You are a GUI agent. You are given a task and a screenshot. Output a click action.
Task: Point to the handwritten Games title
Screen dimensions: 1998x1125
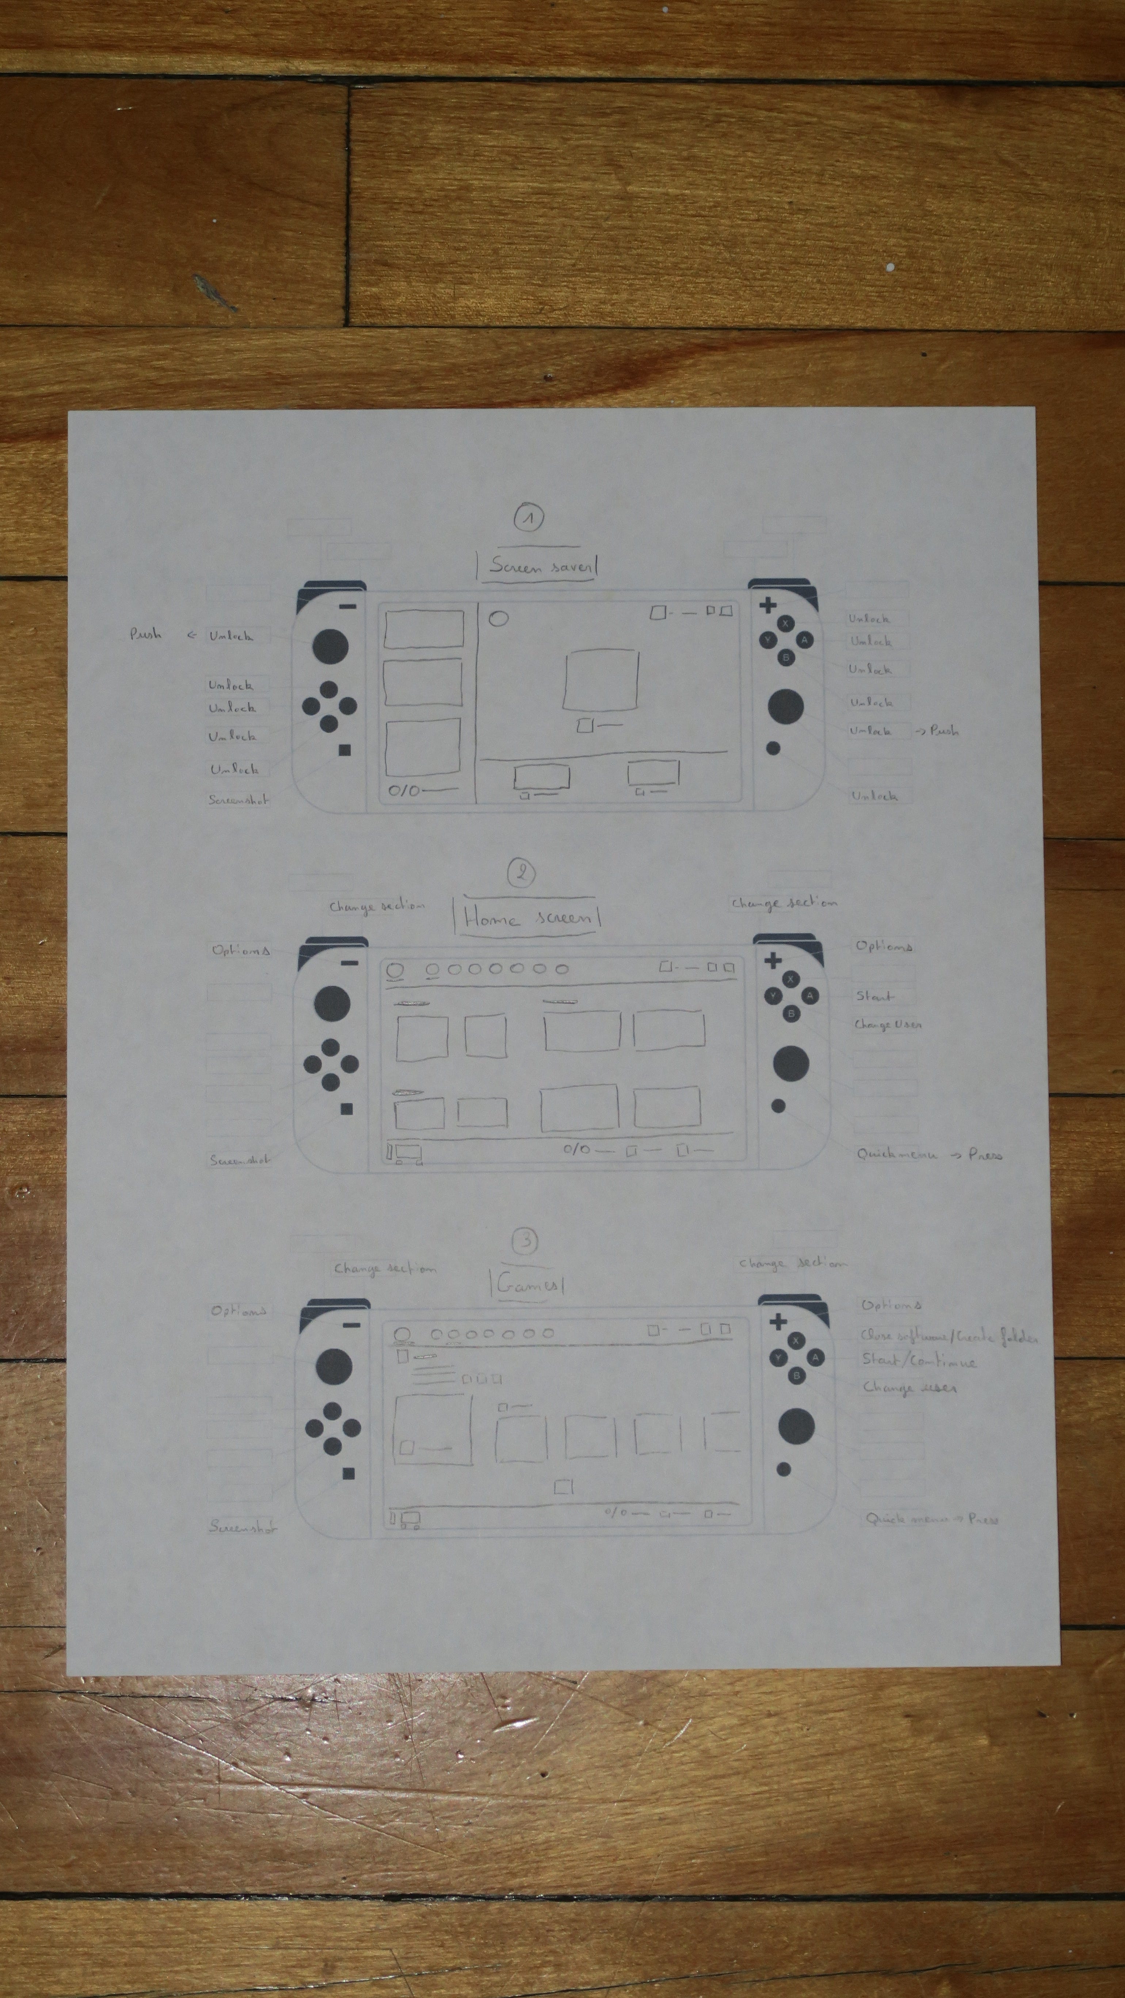click(x=527, y=1285)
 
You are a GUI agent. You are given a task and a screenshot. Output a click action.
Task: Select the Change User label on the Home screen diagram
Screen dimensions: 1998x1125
click(x=888, y=1025)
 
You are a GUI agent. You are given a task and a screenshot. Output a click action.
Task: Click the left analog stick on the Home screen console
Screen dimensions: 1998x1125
click(x=331, y=1003)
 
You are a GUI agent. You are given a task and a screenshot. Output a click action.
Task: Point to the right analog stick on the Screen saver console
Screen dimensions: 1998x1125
click(x=785, y=706)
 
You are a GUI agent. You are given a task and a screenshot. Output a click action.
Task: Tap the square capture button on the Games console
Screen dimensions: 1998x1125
click(x=348, y=1473)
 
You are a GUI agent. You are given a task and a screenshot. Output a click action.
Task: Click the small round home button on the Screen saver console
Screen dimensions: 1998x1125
click(x=773, y=749)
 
